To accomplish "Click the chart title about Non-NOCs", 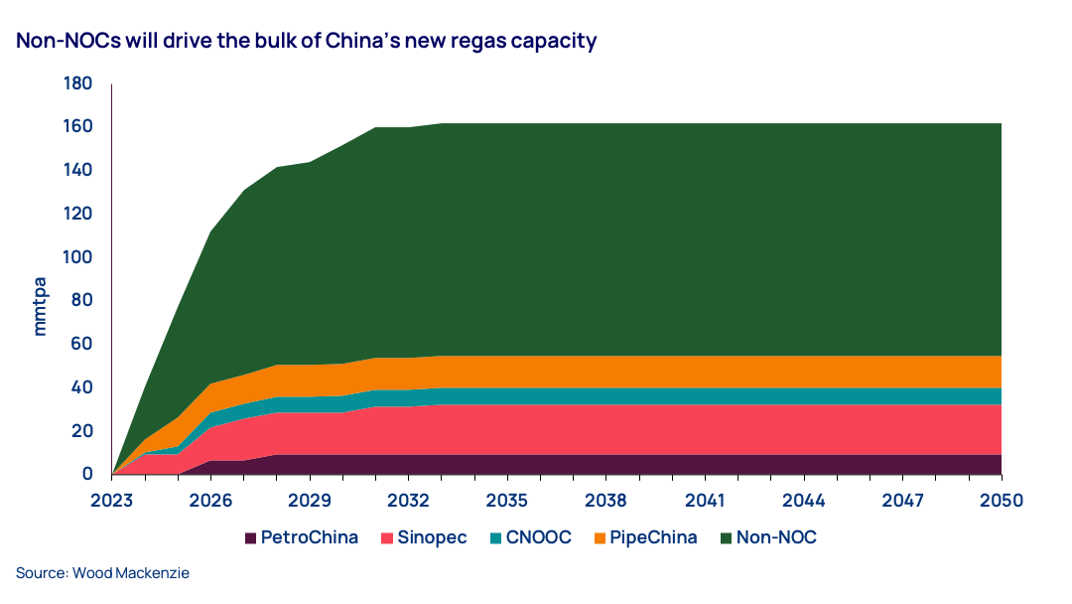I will (x=306, y=42).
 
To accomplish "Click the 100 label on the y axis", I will (x=78, y=257).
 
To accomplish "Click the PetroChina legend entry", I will (x=301, y=538).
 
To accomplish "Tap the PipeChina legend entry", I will (x=644, y=538).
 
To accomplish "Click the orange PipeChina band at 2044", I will (x=803, y=372).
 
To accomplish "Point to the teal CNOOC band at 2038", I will (x=605, y=396).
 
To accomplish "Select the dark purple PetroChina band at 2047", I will (x=901, y=464).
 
